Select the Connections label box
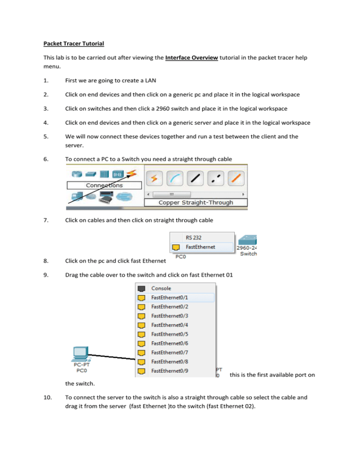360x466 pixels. (104, 185)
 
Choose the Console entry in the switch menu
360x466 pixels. (161, 288)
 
